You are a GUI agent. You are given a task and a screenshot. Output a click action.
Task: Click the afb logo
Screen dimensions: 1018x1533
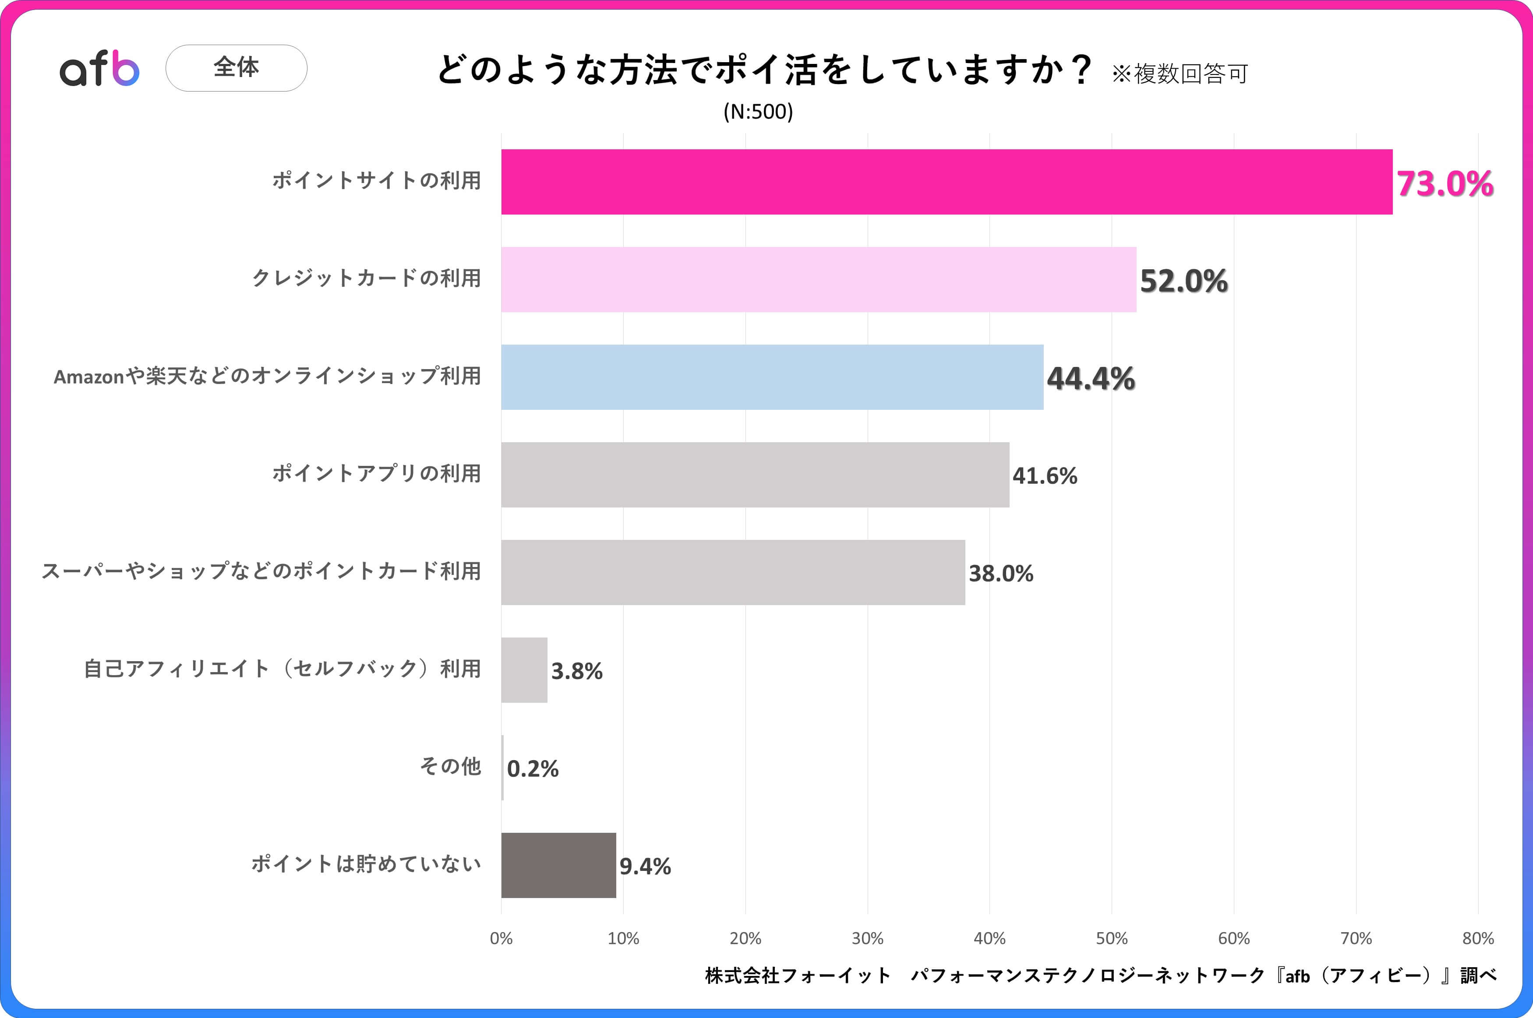point(99,68)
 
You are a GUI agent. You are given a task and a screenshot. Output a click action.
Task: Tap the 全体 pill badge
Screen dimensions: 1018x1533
point(237,67)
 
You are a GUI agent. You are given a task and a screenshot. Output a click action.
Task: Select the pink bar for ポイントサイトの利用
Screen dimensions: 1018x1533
point(946,182)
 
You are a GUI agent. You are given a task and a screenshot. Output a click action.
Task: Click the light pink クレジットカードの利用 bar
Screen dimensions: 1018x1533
point(818,279)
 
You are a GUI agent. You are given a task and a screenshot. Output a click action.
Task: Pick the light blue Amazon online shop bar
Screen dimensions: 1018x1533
point(772,377)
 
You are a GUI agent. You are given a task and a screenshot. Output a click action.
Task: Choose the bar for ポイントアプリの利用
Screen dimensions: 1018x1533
point(755,475)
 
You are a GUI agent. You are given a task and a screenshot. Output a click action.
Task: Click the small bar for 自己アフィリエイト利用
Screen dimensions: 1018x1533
point(524,670)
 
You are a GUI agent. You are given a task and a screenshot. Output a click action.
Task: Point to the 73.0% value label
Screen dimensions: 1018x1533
point(1445,184)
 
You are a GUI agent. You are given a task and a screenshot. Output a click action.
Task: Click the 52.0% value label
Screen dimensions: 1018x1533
point(1183,281)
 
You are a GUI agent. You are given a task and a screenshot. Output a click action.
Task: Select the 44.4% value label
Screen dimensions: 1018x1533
point(1091,378)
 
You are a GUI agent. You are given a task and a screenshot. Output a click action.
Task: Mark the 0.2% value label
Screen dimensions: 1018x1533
point(533,769)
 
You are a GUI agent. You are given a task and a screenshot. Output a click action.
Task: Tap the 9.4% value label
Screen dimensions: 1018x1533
point(645,866)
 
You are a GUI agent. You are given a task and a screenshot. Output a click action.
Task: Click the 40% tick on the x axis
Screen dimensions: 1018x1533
point(989,938)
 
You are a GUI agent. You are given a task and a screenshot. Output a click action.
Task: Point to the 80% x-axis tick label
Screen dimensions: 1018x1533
point(1478,938)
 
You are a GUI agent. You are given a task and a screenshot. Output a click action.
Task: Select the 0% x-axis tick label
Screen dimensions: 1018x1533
point(501,938)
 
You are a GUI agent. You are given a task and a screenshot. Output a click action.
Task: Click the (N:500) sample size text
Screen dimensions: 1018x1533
point(758,112)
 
